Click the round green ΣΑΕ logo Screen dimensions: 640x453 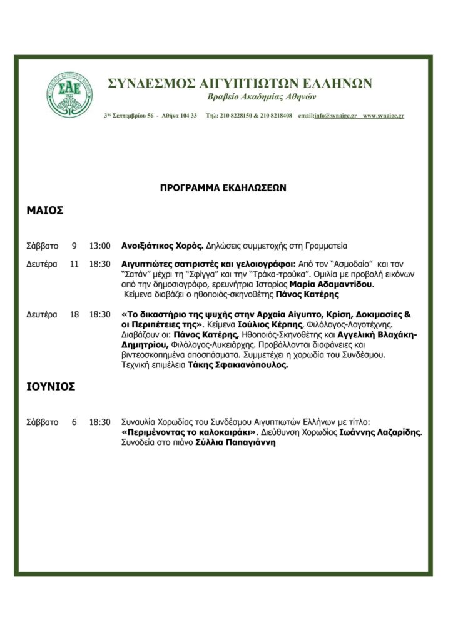coord(69,95)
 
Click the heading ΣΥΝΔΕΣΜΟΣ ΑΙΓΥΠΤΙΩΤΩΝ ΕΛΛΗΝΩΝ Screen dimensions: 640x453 coord(240,83)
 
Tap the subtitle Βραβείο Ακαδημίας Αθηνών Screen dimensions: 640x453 coord(262,97)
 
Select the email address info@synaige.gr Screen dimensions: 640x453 coord(335,116)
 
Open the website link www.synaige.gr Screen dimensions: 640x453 coord(384,116)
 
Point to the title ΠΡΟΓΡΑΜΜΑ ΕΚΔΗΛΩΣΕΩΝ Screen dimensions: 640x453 coord(223,187)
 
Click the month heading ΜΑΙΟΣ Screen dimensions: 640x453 coord(45,211)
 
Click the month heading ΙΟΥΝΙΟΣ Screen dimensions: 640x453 coord(51,387)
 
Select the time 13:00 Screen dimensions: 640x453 coord(99,246)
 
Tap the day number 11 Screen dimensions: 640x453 coord(74,264)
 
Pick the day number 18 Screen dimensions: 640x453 coord(74,314)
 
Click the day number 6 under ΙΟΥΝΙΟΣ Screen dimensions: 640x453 coord(74,422)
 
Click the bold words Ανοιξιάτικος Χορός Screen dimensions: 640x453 coord(162,246)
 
